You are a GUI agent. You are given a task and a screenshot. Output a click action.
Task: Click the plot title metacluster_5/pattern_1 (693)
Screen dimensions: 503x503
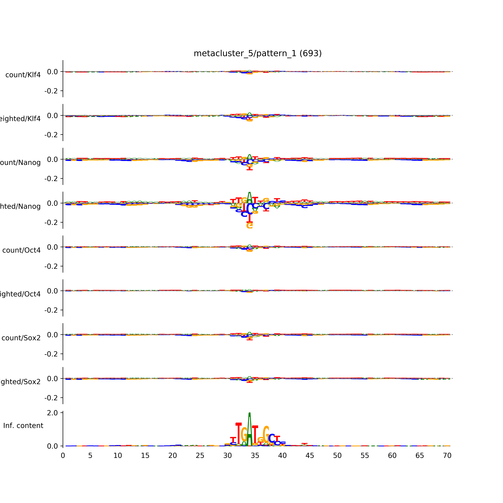(257, 53)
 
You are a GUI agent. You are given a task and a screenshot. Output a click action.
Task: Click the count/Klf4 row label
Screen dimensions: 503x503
(23, 75)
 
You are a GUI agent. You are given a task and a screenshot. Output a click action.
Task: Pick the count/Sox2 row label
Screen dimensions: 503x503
(21, 338)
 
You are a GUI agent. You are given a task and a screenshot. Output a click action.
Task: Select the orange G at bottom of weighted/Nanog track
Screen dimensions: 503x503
(249, 225)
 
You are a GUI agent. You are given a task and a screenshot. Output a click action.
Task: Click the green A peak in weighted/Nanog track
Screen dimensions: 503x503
(249, 198)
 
